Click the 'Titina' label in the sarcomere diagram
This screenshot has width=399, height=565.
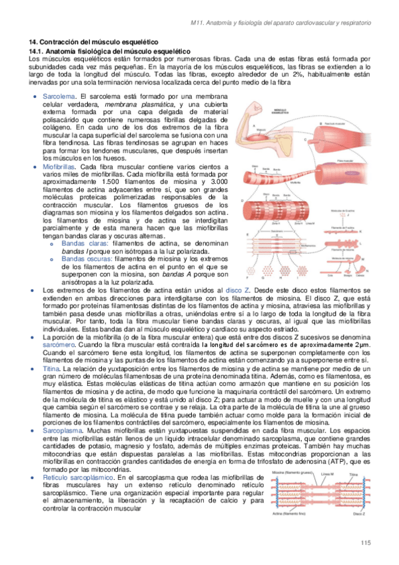[x=356, y=474]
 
